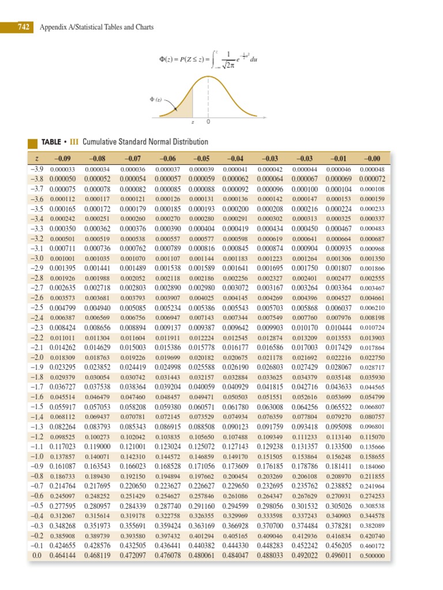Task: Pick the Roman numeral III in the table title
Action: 74,142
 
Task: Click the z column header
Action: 36,158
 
